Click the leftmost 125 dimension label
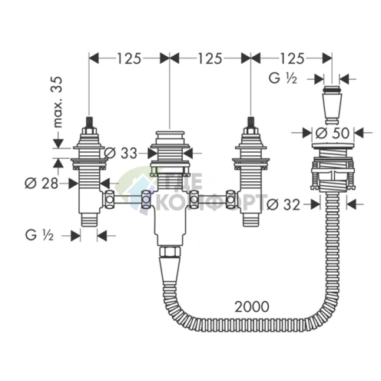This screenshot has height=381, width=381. point(129,58)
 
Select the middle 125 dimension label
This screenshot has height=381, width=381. point(210,58)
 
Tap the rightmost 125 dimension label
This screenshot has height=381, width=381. point(293,58)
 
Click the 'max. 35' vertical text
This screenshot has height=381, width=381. point(58,102)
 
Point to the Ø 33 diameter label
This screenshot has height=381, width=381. point(121,154)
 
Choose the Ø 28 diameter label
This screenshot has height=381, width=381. point(41,184)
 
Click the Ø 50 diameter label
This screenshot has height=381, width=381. point(333,133)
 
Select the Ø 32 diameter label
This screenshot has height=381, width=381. point(283,204)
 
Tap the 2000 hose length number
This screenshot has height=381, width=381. point(252,306)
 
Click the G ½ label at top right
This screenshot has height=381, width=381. point(283,78)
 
